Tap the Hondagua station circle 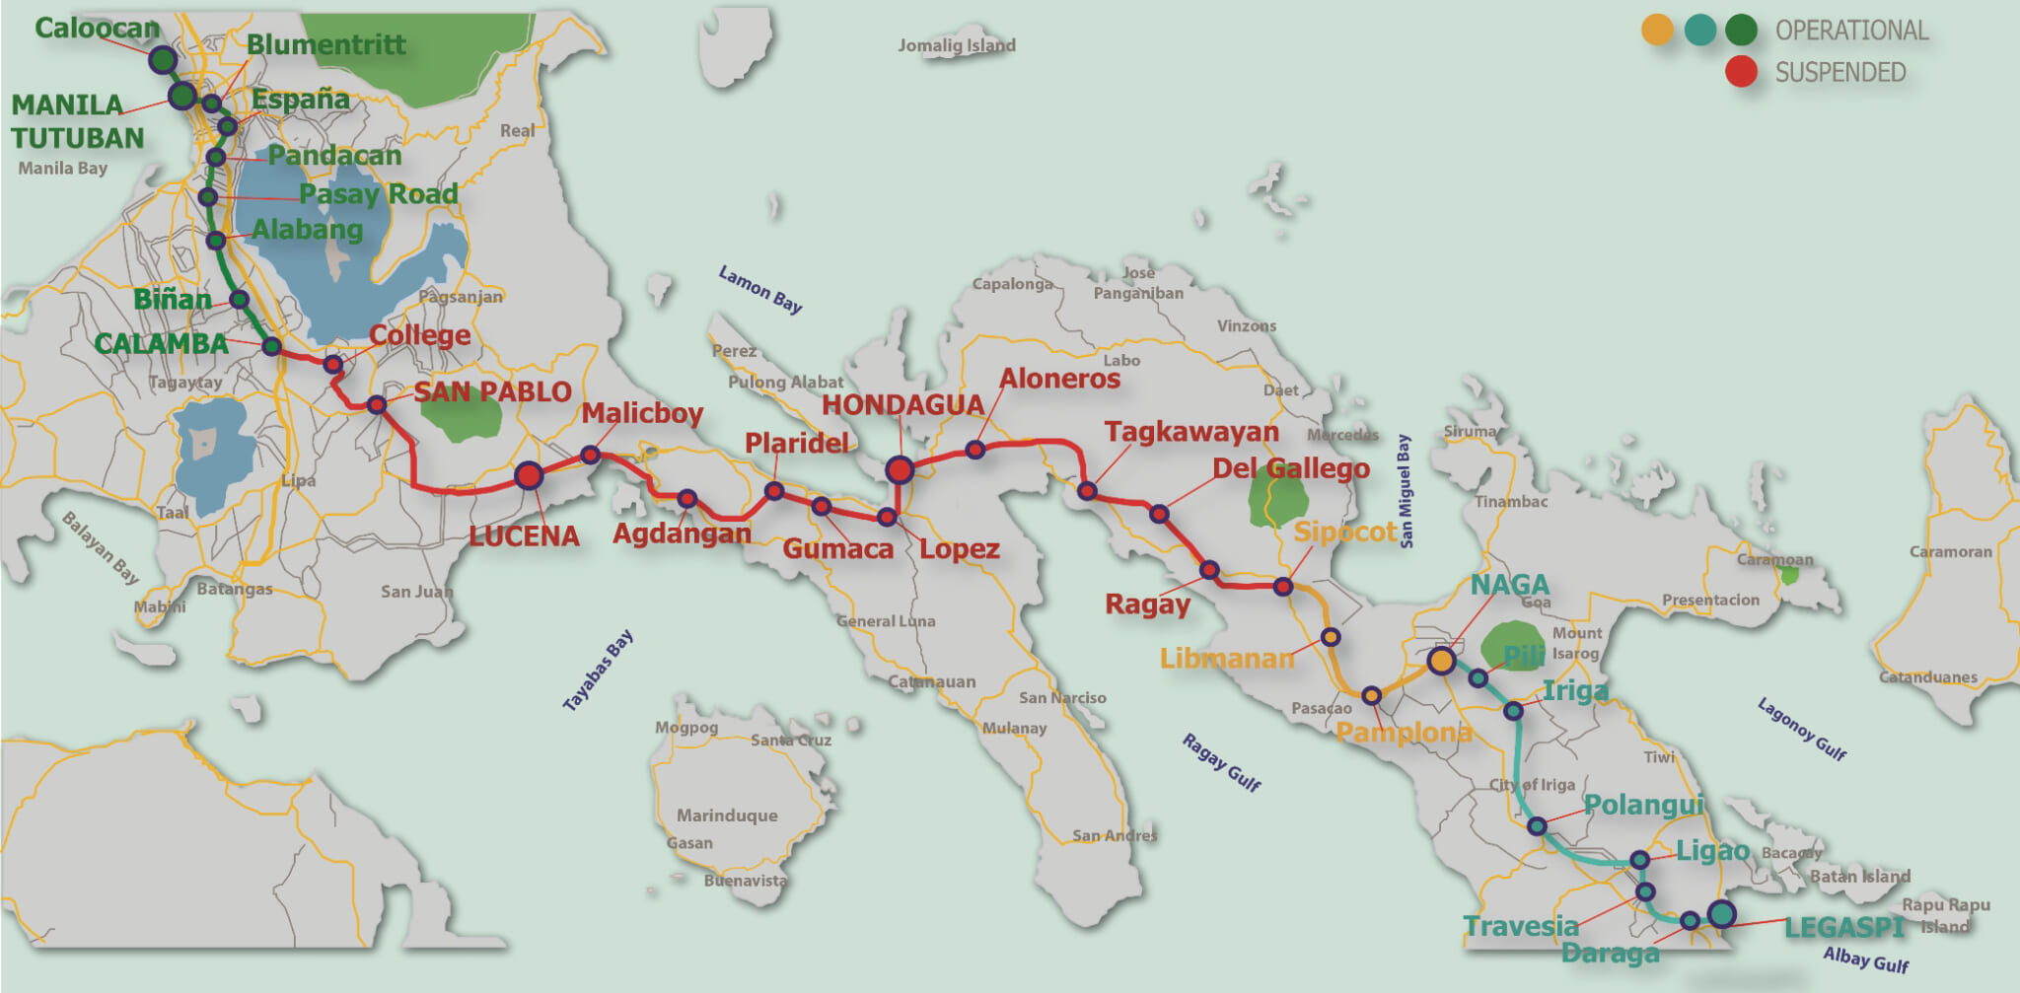coord(899,469)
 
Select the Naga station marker coord(1441,660)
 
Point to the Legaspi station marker coord(1721,914)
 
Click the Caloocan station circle coord(163,60)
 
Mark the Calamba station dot coord(271,346)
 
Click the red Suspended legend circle coord(1741,72)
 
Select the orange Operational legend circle coord(1657,31)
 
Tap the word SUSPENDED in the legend coord(1840,73)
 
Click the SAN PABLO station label coord(492,391)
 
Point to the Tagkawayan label coord(1190,432)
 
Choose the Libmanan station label coord(1226,658)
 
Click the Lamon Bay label coord(759,289)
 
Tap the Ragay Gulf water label coord(1221,762)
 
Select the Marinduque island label coord(727,816)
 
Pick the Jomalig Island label coord(956,45)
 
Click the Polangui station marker coord(1537,826)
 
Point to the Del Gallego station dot coord(1159,514)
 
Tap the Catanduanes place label coord(1927,677)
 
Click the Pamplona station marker coord(1371,696)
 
